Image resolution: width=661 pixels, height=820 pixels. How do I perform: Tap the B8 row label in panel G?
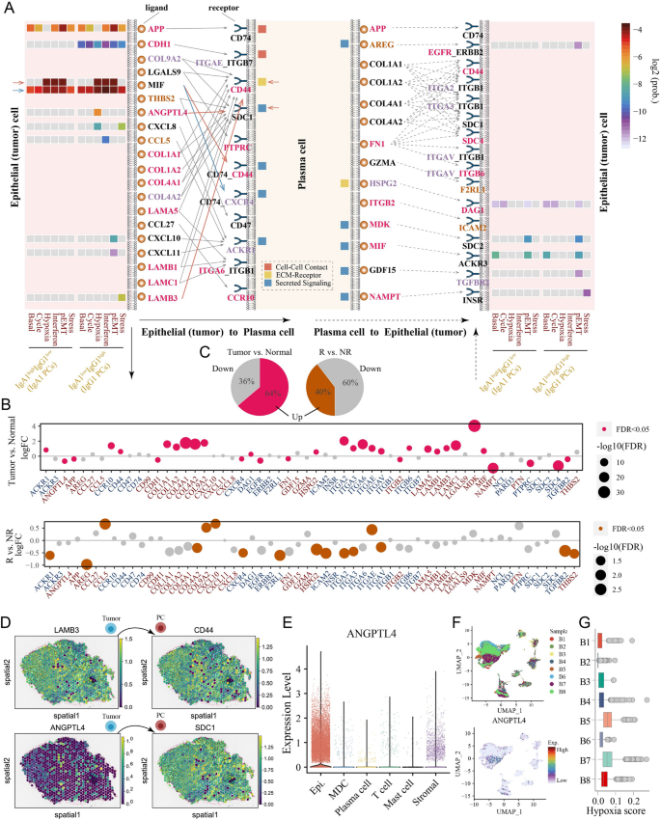point(585,751)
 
